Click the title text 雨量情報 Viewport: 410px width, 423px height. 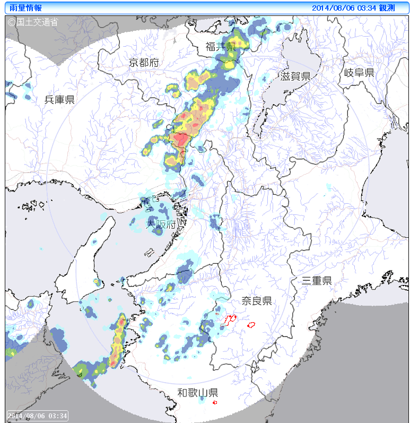pos(26,8)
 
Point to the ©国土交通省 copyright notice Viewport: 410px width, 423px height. pos(32,22)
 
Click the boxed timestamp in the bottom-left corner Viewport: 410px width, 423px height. pos(37,415)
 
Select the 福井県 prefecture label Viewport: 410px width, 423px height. pos(221,47)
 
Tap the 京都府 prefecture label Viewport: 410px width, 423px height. pos(144,63)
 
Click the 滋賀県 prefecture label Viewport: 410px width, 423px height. pos(295,76)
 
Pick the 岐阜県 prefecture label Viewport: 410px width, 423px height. pos(359,73)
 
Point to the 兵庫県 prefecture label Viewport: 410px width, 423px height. pos(59,99)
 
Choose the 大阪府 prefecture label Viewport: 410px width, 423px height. pos(161,225)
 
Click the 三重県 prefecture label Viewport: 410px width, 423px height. pos(317,281)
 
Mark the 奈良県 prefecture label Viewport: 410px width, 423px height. pos(257,301)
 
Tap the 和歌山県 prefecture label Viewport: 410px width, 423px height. pos(197,393)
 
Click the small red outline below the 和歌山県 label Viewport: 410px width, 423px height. pos(215,403)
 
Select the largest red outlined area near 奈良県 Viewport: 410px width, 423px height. pos(230,320)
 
